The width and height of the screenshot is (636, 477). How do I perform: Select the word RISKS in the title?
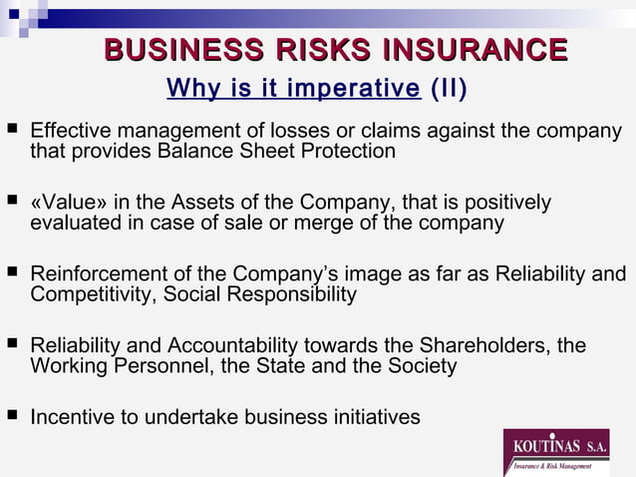pyautogui.click(x=298, y=50)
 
